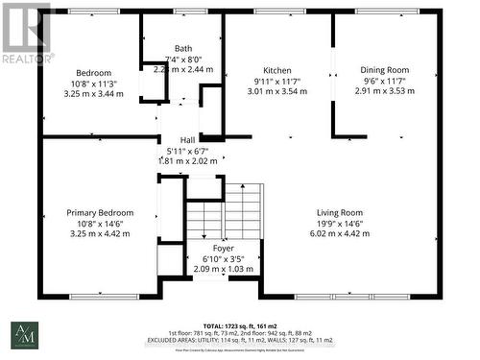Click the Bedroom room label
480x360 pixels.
[94, 73]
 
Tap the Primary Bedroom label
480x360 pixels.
[100, 212]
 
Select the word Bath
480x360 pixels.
[182, 48]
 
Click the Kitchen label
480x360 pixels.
[277, 70]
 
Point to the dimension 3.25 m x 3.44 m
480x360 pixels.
[94, 95]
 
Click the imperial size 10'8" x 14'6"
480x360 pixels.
[100, 223]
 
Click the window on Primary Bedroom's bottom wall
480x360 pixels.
[100, 295]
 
